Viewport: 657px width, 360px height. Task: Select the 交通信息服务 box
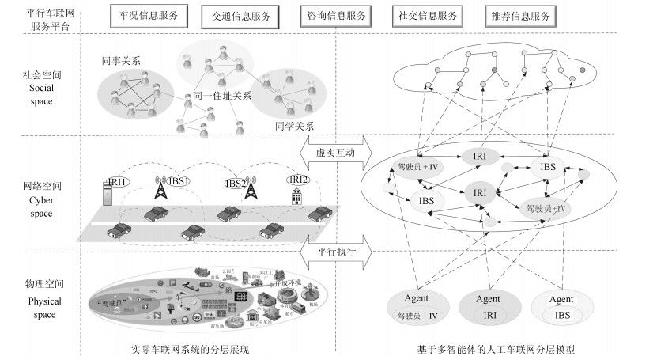coord(240,15)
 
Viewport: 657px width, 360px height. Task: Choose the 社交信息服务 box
coord(427,15)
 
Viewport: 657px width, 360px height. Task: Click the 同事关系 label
coord(121,60)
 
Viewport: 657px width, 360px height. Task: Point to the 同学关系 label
coord(293,125)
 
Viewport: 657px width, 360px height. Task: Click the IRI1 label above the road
coord(118,183)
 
